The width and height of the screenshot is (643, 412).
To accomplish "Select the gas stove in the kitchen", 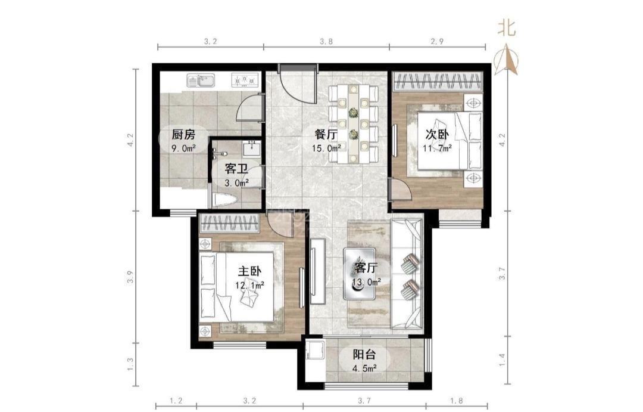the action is tap(245, 80).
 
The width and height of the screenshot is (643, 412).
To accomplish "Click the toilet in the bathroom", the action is tap(226, 200).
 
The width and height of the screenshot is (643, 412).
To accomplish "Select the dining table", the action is tap(353, 123).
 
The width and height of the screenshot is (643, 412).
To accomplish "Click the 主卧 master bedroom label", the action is tap(249, 271).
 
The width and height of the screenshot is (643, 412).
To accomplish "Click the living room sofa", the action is tap(407, 274).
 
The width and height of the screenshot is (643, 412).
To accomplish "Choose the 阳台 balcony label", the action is tap(364, 354).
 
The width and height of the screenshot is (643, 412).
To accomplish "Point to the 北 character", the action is tap(507, 28).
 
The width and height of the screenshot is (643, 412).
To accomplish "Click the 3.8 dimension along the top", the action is tap(326, 41).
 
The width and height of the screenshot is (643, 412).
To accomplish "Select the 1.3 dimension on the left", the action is tap(130, 364).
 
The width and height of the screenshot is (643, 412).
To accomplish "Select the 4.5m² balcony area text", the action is tap(364, 368).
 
